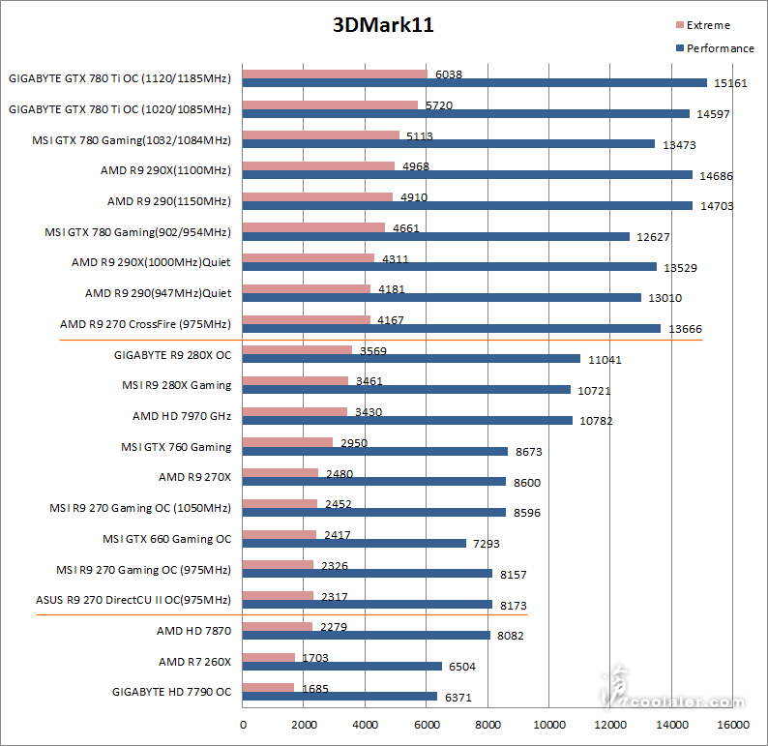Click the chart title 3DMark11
coord(383,26)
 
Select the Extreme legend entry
coord(708,25)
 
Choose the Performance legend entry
coord(714,48)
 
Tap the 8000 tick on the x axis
coord(487,723)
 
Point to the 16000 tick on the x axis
coord(732,723)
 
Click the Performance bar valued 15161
coord(474,83)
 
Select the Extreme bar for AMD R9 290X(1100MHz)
coord(318,165)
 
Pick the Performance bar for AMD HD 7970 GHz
coord(407,421)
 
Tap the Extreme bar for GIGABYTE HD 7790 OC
coord(268,688)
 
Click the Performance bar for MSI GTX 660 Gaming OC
coord(354,543)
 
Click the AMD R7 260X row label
coord(194,662)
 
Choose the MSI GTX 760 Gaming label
coord(176,447)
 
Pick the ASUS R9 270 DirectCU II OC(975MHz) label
coord(133,600)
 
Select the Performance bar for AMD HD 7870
coord(367,636)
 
